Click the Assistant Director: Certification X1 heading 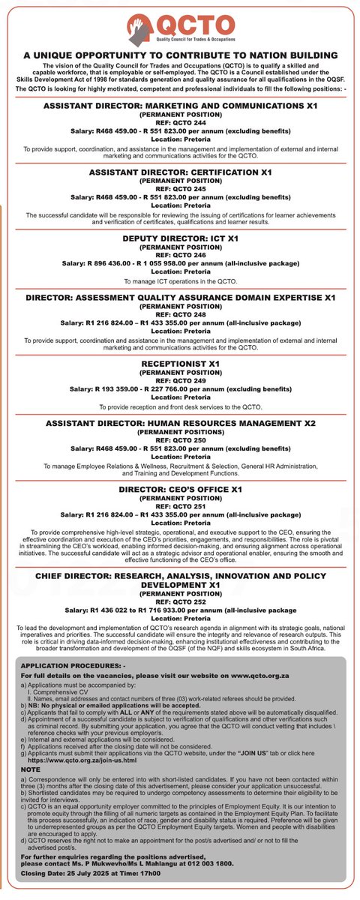point(180,172)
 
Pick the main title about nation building point(180,55)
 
